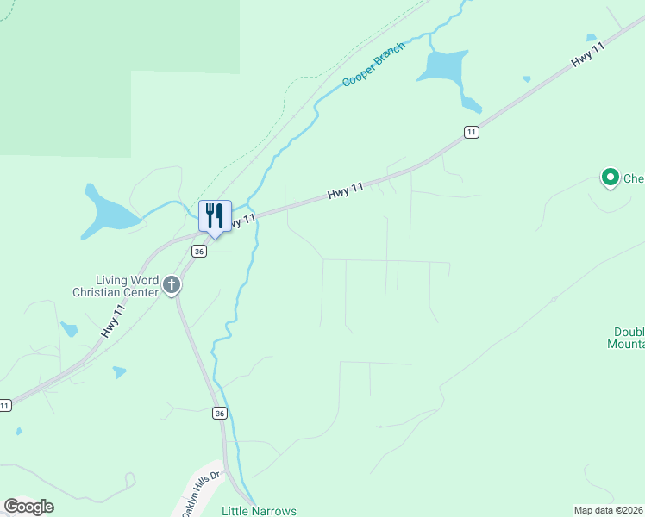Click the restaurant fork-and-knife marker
tap(216, 215)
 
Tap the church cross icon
tap(172, 285)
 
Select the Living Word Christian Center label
tap(128, 285)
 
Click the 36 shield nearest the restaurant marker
tap(200, 252)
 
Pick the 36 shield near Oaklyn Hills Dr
tap(221, 414)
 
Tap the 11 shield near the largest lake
tap(470, 132)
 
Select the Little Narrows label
tap(259, 511)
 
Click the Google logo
tap(28, 507)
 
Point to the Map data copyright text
tap(609, 510)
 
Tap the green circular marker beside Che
tap(611, 178)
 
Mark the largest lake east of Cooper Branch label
tap(445, 67)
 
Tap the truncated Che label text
tap(634, 179)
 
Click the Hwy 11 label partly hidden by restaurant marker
tap(243, 221)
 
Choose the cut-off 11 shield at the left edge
tap(5, 405)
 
